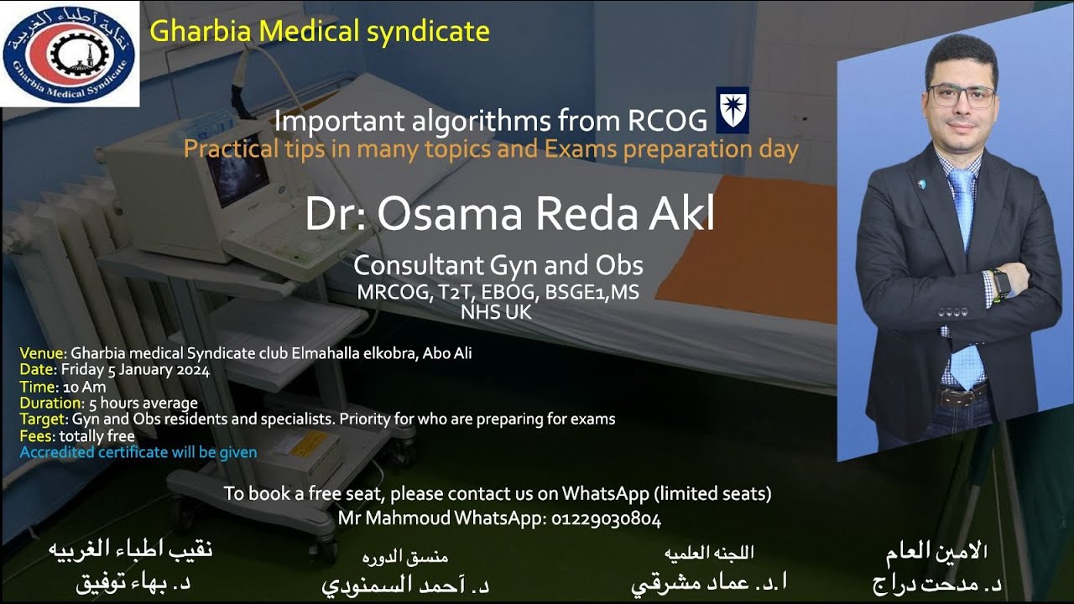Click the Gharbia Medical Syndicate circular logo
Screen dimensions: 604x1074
[70, 54]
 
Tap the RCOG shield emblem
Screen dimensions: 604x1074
[732, 111]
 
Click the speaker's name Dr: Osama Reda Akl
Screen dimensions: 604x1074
[510, 215]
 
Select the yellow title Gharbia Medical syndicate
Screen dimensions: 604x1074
[319, 32]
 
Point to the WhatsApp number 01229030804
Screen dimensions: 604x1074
[606, 519]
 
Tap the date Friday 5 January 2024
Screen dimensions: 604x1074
[135, 370]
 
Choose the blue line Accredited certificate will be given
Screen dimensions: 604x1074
[138, 452]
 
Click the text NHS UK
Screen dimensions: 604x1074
[496, 313]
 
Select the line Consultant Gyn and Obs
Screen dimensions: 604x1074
[498, 265]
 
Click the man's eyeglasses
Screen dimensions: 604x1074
[961, 95]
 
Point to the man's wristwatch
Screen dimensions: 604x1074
[1001, 281]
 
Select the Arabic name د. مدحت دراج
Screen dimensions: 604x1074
[938, 585]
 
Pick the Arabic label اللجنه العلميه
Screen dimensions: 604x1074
[709, 552]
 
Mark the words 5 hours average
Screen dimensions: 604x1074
[143, 403]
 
